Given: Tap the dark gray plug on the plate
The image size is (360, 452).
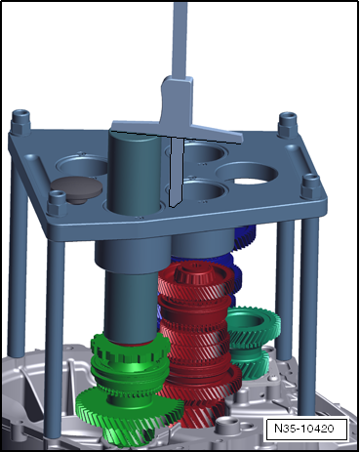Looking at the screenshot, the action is point(76,189).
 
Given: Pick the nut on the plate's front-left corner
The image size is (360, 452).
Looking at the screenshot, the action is point(58,203).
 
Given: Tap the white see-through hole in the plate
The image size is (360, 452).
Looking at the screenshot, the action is point(250,182).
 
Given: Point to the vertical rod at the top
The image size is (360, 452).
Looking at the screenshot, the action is point(180,39).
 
